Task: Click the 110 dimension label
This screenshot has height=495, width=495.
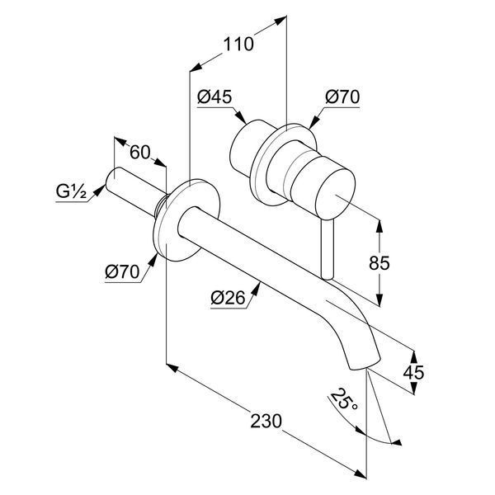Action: point(238,45)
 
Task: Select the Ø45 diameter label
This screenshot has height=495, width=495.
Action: point(214,97)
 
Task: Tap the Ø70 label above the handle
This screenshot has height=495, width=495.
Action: point(342,97)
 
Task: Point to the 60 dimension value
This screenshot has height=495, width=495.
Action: point(140,153)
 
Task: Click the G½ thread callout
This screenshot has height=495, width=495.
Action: point(71,191)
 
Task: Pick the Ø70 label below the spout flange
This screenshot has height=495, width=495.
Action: point(122,271)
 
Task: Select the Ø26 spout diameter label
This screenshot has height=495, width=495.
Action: point(228,298)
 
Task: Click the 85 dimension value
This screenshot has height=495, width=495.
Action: point(379,262)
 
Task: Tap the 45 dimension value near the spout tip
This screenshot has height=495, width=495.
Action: point(413,373)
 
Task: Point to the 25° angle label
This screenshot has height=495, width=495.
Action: point(344,400)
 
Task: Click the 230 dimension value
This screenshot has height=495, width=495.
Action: point(266,421)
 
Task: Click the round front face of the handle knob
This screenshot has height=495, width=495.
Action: point(335,194)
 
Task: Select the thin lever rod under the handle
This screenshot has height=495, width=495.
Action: point(328,249)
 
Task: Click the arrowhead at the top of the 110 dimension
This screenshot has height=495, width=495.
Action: point(280,20)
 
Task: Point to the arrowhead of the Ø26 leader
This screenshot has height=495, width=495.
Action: point(257,288)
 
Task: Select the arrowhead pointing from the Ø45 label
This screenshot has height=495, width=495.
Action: point(241,117)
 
